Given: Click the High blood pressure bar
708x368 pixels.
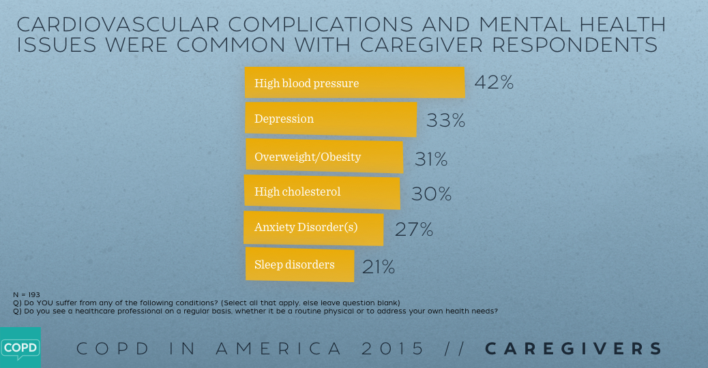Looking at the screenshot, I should (355, 83).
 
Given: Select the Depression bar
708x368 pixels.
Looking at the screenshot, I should (331, 119).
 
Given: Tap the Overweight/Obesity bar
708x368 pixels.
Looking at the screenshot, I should (324, 157).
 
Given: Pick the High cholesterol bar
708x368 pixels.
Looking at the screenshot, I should (322, 192).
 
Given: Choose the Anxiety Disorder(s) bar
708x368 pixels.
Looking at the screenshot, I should (314, 228).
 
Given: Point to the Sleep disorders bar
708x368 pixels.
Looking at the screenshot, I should (299, 264).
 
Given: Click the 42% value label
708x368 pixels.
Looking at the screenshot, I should (493, 82).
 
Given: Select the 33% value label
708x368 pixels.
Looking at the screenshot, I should (445, 121).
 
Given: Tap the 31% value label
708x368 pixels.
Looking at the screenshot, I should (431, 159).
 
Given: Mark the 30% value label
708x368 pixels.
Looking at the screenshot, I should (431, 194).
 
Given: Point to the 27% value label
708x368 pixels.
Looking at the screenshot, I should (414, 230).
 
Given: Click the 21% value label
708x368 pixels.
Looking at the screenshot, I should (379, 267).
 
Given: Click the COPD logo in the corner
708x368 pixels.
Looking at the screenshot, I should (20, 348).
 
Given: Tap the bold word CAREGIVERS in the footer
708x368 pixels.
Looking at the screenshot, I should (574, 349).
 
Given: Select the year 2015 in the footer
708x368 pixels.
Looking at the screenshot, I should (394, 349).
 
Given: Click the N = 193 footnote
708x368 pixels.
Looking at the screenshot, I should (27, 294).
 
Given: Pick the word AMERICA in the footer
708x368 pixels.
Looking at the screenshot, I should (279, 349).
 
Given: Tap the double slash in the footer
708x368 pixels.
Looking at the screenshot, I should (455, 349).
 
